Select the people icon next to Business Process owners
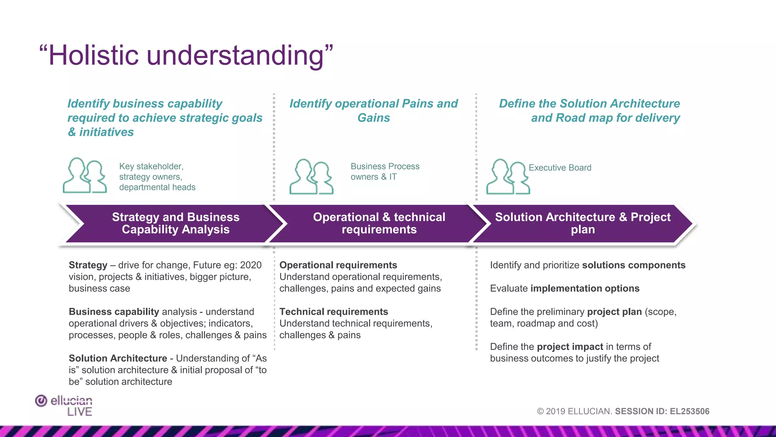point(311,177)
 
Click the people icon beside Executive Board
point(508,177)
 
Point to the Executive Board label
point(560,168)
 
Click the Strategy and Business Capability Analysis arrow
point(175,223)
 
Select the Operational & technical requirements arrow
point(379,223)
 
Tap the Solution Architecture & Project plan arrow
point(582,223)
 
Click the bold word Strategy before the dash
point(88,265)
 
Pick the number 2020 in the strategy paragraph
point(250,265)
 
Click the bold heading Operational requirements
point(338,265)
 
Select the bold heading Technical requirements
point(333,312)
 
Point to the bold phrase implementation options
point(585,289)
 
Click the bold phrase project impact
point(570,347)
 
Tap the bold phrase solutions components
point(634,265)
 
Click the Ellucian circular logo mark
point(41,401)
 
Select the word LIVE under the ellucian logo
point(80,412)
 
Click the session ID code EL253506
point(689,412)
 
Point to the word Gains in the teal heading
point(374,118)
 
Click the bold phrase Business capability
point(114,312)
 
